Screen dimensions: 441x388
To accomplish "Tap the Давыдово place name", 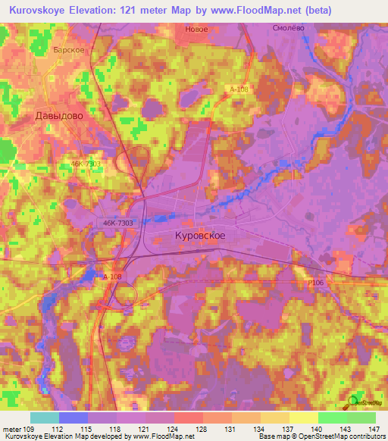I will pyautogui.click(x=58, y=117).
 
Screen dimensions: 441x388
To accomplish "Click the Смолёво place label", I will pyautogui.click(x=288, y=27).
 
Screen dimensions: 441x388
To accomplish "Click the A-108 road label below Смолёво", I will pyautogui.click(x=238, y=89).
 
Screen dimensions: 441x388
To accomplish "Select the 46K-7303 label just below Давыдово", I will pyautogui.click(x=86, y=163).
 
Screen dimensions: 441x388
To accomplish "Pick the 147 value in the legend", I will pyautogui.click(x=375, y=429).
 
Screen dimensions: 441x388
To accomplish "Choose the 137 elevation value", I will pyautogui.click(x=289, y=429).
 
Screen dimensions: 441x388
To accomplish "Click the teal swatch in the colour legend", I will pyautogui.click(x=45, y=418).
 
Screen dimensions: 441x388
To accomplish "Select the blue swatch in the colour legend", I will pyautogui.click(x=74, y=418).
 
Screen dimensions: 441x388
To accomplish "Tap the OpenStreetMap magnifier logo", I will pyautogui.click(x=355, y=402).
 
